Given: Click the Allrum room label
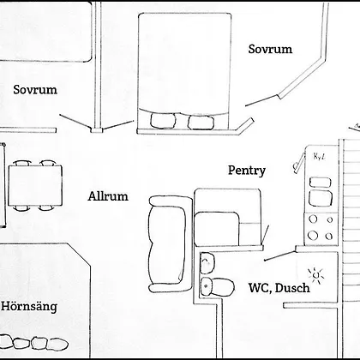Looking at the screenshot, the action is tap(108, 196).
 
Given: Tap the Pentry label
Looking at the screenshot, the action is tap(247, 171).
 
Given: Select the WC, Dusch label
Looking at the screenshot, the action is tap(279, 287).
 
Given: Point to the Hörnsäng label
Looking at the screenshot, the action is tap(29, 306).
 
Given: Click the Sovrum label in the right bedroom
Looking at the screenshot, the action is tap(270, 49).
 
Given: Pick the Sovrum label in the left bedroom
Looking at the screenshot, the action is tap(35, 89).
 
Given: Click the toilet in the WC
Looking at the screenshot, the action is tap(217, 286).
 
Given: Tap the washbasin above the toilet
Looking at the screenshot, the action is tap(207, 263).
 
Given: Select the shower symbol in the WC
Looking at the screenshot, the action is tap(315, 275).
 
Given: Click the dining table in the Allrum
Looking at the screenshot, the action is tap(35, 185).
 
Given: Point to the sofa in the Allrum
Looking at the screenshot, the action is tap(170, 244).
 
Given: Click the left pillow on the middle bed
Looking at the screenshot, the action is tap(163, 121).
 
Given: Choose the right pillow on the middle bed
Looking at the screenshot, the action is tap(201, 122).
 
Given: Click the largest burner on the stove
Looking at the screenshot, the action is tap(313, 235).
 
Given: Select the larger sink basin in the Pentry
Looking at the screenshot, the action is tap(321, 198).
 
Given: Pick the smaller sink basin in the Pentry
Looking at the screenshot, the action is tap(321, 183).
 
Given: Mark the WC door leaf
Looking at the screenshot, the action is tap(279, 255).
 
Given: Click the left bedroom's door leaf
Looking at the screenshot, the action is tap(75, 121).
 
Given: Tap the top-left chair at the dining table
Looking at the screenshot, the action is tap(22, 163).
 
